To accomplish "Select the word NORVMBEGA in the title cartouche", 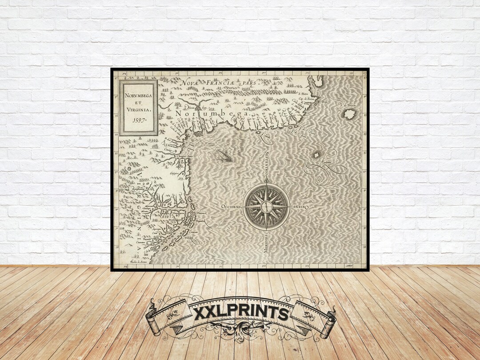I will pyautogui.click(x=138, y=95).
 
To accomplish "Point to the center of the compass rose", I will pyautogui.click(x=266, y=207).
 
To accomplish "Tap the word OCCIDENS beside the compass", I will pyautogui.click(x=231, y=207).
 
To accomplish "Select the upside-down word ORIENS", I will pyautogui.click(x=301, y=207).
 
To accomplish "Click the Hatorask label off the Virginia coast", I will pyautogui.click(x=202, y=213).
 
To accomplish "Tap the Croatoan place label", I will pyautogui.click(x=193, y=232).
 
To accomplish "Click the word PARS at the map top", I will pyautogui.click(x=243, y=82).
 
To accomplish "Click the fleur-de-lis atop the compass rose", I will pyautogui.click(x=267, y=180).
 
